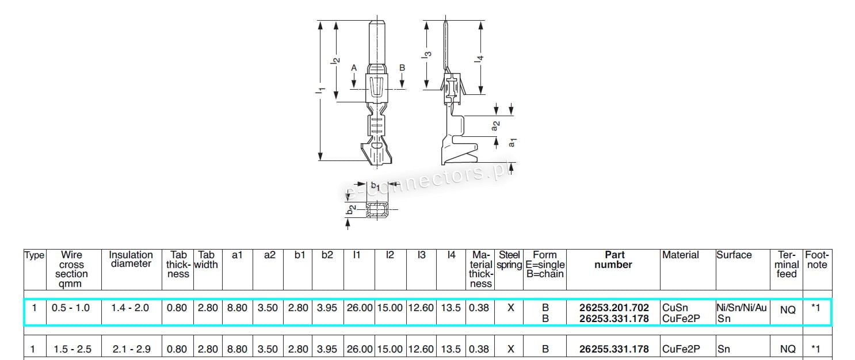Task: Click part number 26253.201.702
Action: tap(614, 307)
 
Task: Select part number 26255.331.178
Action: tap(614, 349)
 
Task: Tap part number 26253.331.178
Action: tap(614, 319)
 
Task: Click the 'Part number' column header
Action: tap(613, 260)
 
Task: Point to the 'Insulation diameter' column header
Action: tap(131, 259)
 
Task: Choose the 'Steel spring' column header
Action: tap(509, 260)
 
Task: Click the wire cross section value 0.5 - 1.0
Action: tap(71, 308)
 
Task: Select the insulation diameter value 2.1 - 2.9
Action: tap(132, 349)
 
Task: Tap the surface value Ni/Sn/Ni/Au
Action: tap(742, 308)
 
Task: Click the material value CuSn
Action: tap(675, 308)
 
